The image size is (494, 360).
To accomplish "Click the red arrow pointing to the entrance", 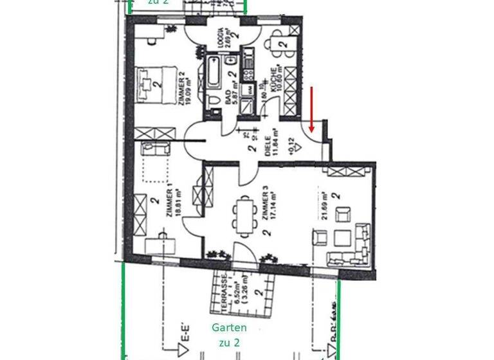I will click(311, 109).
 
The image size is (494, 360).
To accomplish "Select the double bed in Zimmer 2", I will click(155, 84).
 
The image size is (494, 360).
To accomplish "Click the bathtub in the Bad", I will click(214, 73).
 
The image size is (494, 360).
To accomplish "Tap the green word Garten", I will click(230, 328).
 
